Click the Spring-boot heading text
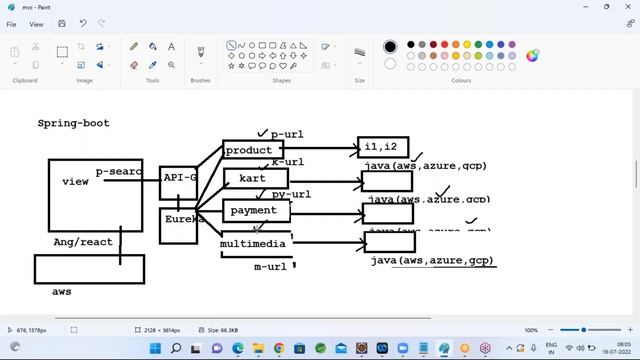[73, 123]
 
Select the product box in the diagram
[250, 151]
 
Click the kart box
[254, 178]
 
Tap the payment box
[255, 211]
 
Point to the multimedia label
[254, 243]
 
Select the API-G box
[179, 177]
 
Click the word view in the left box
[75, 182]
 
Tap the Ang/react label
[82, 242]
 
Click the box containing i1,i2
[383, 148]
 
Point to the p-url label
[287, 134]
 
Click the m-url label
[270, 267]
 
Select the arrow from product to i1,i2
[320, 150]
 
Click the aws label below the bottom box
[62, 291]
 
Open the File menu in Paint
[11, 24]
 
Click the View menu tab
[36, 24]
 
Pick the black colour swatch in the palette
[390, 46]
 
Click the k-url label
[288, 162]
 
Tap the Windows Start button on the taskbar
[155, 349]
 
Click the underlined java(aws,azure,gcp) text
[432, 260]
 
